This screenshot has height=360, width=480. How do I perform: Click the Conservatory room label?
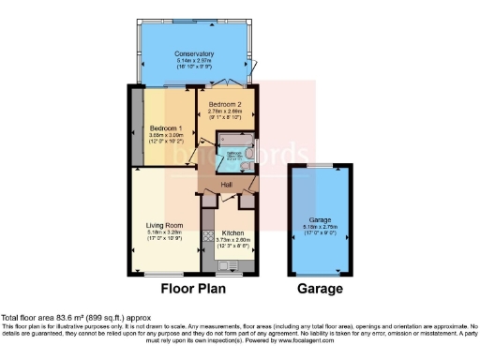coord(194,53)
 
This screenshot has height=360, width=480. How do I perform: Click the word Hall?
coord(227,185)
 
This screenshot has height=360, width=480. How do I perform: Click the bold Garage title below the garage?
coord(322,289)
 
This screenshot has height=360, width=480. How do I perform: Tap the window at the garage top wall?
coord(322,166)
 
